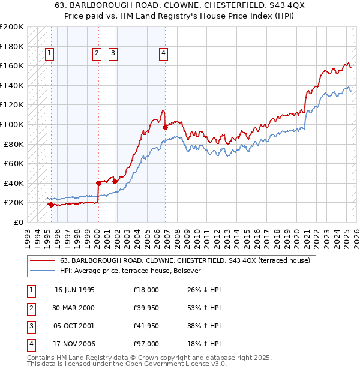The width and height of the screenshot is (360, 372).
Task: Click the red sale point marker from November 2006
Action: pyautogui.click(x=164, y=127)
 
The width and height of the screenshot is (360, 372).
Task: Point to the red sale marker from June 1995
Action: pyautogui.click(x=51, y=205)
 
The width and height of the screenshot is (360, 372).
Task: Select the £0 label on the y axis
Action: pyautogui.click(x=19, y=222)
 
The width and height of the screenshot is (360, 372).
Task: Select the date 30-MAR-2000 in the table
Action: pyautogui.click(x=74, y=308)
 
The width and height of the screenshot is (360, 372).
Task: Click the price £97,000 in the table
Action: pyautogui.click(x=146, y=344)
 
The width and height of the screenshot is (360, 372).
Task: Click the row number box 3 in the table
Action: pyautogui.click(x=29, y=326)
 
